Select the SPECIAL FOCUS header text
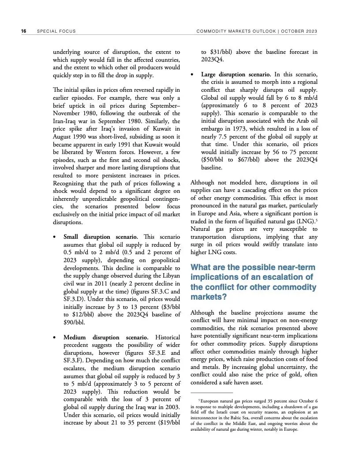(56, 31)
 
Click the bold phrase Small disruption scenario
(101, 237)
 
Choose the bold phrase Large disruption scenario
(236, 74)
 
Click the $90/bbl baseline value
(75, 322)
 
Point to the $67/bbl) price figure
(260, 160)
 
